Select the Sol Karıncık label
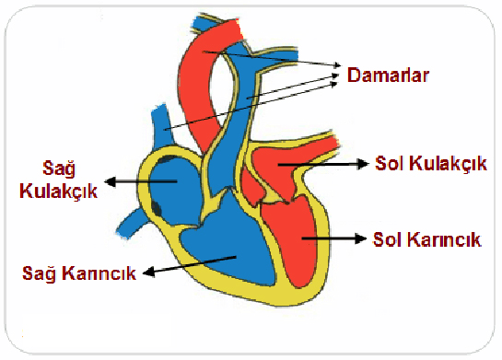click(427, 238)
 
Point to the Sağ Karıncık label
click(81, 273)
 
